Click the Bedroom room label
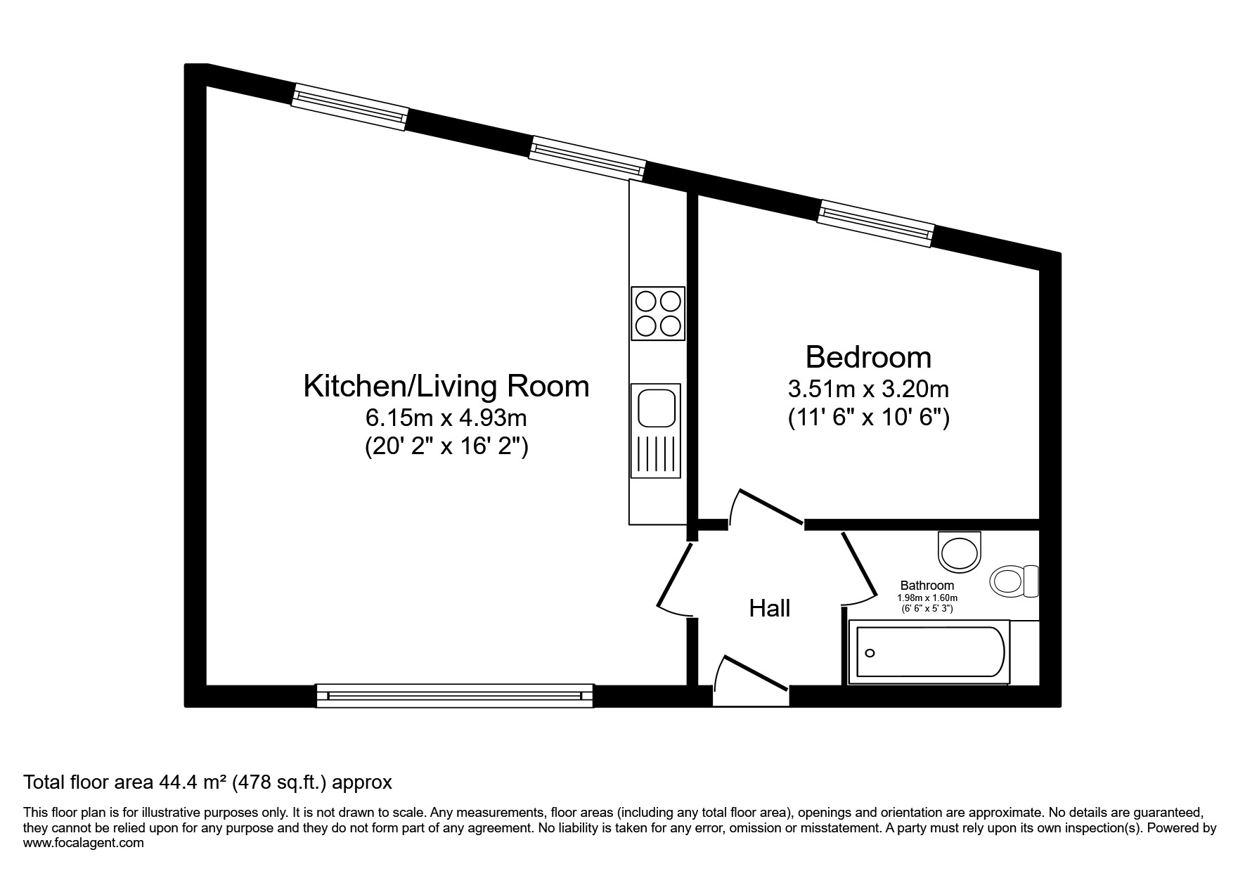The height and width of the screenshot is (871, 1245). (x=868, y=357)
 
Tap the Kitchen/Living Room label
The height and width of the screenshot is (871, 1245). (x=446, y=387)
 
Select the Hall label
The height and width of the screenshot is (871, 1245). (x=770, y=608)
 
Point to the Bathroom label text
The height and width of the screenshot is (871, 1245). (x=927, y=586)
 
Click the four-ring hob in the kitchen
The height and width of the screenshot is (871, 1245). (x=658, y=314)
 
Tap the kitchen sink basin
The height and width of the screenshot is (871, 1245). (x=657, y=408)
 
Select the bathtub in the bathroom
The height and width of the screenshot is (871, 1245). (x=929, y=652)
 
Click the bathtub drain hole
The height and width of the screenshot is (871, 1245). (x=870, y=653)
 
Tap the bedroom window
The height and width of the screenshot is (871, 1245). (x=876, y=224)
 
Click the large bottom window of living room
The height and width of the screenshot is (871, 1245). (x=455, y=695)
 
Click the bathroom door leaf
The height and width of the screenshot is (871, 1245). (x=859, y=564)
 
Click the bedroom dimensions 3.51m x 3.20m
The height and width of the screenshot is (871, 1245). (x=868, y=389)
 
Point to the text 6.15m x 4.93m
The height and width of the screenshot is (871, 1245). (x=446, y=418)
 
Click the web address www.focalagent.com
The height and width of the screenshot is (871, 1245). (x=84, y=843)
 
